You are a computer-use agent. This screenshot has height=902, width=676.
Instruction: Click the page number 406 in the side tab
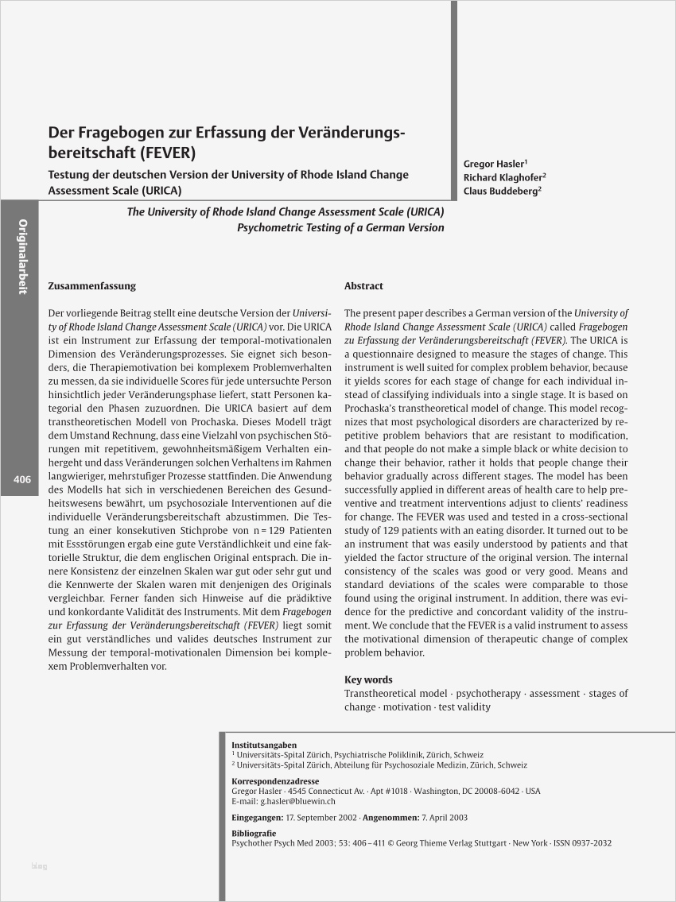point(21,479)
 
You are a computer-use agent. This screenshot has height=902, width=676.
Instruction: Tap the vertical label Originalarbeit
point(22,256)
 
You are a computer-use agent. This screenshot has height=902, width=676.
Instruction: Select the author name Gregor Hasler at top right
point(493,164)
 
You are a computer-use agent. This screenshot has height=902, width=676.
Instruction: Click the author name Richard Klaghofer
point(503,177)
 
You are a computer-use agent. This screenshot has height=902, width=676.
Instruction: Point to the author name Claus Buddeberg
point(500,191)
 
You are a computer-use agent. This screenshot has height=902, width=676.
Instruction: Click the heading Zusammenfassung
point(91,286)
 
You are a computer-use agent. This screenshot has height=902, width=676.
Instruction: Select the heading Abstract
point(363,286)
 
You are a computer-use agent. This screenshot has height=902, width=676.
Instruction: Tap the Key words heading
point(367,679)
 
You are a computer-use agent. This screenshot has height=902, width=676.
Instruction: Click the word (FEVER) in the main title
point(169,151)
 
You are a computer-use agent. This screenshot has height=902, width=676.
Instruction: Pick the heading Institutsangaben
point(263,745)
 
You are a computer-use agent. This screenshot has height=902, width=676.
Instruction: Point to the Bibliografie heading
point(254,833)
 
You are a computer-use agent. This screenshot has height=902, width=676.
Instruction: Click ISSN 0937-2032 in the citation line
point(582,843)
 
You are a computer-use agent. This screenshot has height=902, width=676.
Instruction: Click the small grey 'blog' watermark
point(39,865)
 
